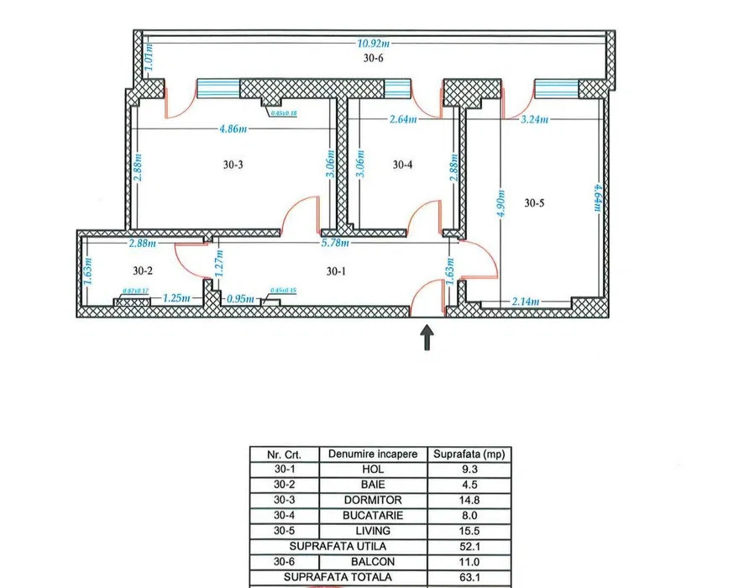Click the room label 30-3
pyautogui.click(x=233, y=165)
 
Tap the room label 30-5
pyautogui.click(x=535, y=202)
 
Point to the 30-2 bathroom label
pyautogui.click(x=144, y=270)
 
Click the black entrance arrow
pyautogui.click(x=427, y=337)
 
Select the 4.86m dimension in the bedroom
pyautogui.click(x=233, y=129)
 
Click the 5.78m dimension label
pyautogui.click(x=333, y=244)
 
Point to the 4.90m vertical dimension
pyautogui.click(x=501, y=202)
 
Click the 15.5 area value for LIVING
pyautogui.click(x=469, y=531)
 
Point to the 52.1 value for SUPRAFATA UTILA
pyautogui.click(x=469, y=546)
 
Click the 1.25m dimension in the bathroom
pyautogui.click(x=175, y=298)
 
